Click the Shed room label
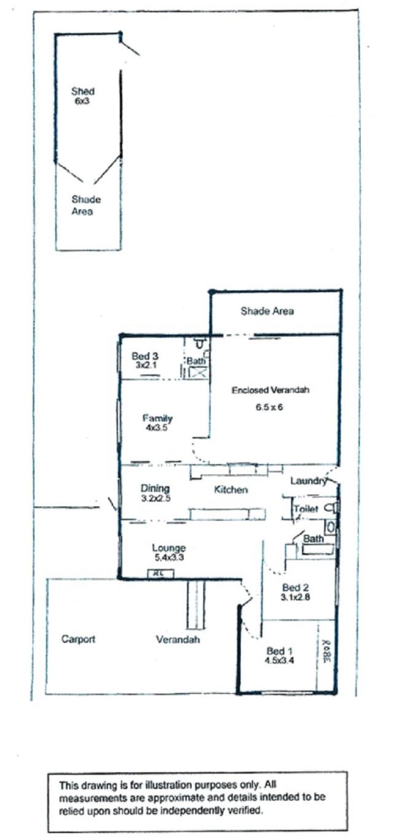click(x=83, y=91)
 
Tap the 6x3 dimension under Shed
click(x=82, y=101)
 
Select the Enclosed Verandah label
click(x=270, y=390)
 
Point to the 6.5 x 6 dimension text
click(x=269, y=407)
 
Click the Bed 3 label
click(x=145, y=356)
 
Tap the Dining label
click(x=155, y=488)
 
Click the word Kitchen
click(x=231, y=490)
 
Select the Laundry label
click(x=308, y=481)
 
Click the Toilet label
click(x=306, y=509)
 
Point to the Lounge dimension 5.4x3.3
click(x=169, y=558)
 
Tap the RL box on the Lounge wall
click(x=161, y=574)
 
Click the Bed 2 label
click(x=295, y=587)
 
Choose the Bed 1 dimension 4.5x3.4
click(x=279, y=660)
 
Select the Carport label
click(x=78, y=639)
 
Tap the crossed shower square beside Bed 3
click(x=197, y=373)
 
